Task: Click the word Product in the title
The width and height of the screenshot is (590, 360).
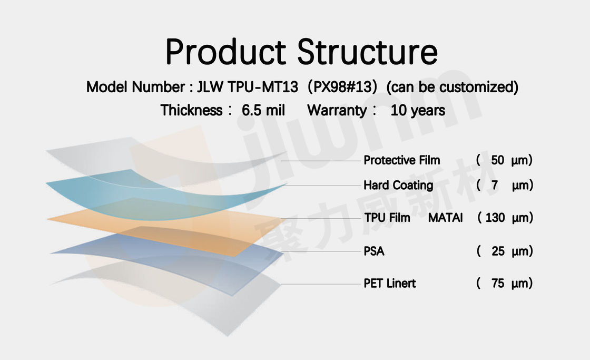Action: tap(226, 52)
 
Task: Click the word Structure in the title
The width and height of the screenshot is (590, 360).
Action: tap(368, 52)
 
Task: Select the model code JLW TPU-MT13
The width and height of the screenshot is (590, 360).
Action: tap(248, 87)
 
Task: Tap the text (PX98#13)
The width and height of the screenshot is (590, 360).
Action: tap(342, 87)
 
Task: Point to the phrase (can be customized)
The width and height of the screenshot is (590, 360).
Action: tap(453, 87)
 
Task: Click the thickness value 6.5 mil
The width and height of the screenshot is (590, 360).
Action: tap(263, 110)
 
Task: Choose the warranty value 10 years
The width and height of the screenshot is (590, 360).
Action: tap(418, 110)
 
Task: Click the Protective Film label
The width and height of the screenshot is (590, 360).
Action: tap(402, 160)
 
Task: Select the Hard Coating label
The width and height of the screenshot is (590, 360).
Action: tap(398, 186)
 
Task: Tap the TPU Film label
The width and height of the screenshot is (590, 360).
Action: tap(387, 218)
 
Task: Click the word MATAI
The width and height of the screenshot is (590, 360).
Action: tap(446, 218)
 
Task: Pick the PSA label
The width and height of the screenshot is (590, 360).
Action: tap(374, 251)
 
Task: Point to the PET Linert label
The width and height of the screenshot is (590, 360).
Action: tap(390, 283)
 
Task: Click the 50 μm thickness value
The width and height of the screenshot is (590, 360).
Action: tap(504, 160)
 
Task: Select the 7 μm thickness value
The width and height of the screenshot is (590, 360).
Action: tap(505, 186)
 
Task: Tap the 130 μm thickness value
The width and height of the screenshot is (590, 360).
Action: tap(505, 218)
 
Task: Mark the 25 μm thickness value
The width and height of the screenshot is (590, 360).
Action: tap(505, 251)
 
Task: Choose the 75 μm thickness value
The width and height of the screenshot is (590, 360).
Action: tap(504, 283)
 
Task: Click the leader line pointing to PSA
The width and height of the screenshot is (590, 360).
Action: tap(321, 251)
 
